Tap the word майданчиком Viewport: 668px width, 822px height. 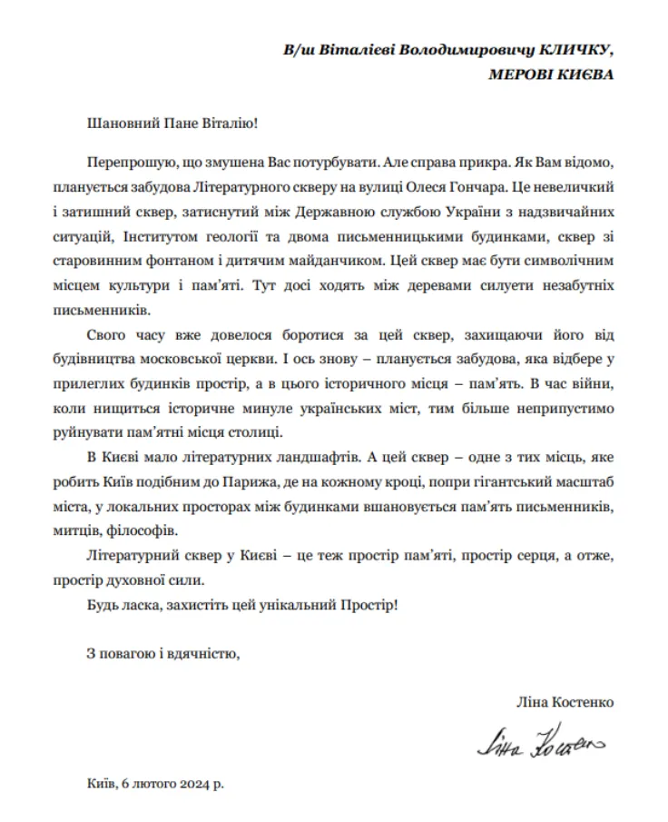point(359,260)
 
